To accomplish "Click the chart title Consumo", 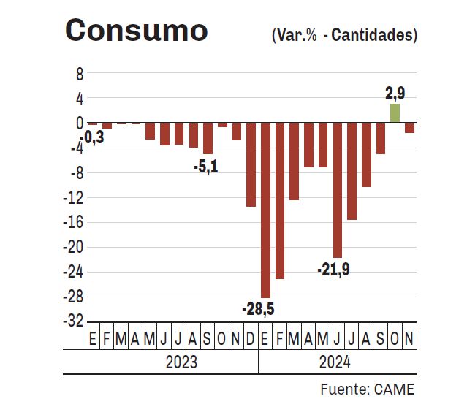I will (x=137, y=31).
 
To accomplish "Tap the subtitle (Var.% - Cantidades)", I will (x=343, y=34).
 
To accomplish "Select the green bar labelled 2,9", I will (x=395, y=113).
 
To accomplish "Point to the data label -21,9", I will (x=333, y=270).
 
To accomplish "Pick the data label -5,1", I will (x=205, y=167).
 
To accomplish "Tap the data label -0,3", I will (x=92, y=137).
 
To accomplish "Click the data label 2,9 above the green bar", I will (x=395, y=93).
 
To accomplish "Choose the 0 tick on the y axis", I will (x=79, y=123).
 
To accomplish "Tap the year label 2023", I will (x=181, y=362).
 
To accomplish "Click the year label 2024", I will (x=335, y=362).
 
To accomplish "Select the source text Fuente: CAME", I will (x=367, y=389).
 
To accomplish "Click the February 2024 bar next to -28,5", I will (x=280, y=201).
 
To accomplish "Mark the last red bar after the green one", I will (x=409, y=128).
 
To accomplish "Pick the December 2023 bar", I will (x=251, y=165).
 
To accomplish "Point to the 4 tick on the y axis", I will (x=79, y=99).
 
